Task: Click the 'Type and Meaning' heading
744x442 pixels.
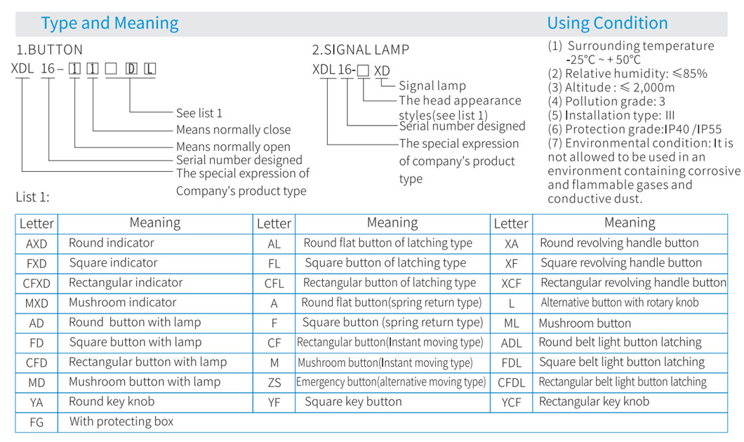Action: click(x=109, y=23)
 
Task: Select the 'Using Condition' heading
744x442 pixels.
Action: click(x=607, y=23)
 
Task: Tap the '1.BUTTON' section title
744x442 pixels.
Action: click(x=49, y=50)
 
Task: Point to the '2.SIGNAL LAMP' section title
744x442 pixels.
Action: click(x=360, y=50)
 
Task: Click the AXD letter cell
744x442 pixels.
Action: click(x=36, y=243)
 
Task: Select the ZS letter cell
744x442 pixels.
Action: click(x=274, y=383)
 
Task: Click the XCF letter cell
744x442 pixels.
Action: click(x=511, y=283)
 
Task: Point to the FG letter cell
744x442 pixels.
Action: click(x=36, y=422)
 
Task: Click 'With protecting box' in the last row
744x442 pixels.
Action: click(x=121, y=422)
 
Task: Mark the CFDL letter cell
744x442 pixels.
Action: click(x=511, y=383)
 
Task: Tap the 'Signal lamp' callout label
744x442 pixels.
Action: click(x=432, y=86)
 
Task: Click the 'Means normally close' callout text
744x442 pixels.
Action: click(x=234, y=130)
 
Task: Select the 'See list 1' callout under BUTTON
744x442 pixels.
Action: click(x=199, y=114)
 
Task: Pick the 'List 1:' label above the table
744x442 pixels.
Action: click(x=33, y=197)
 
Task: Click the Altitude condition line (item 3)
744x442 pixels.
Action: click(x=611, y=88)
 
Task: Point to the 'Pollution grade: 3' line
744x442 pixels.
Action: click(x=606, y=102)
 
